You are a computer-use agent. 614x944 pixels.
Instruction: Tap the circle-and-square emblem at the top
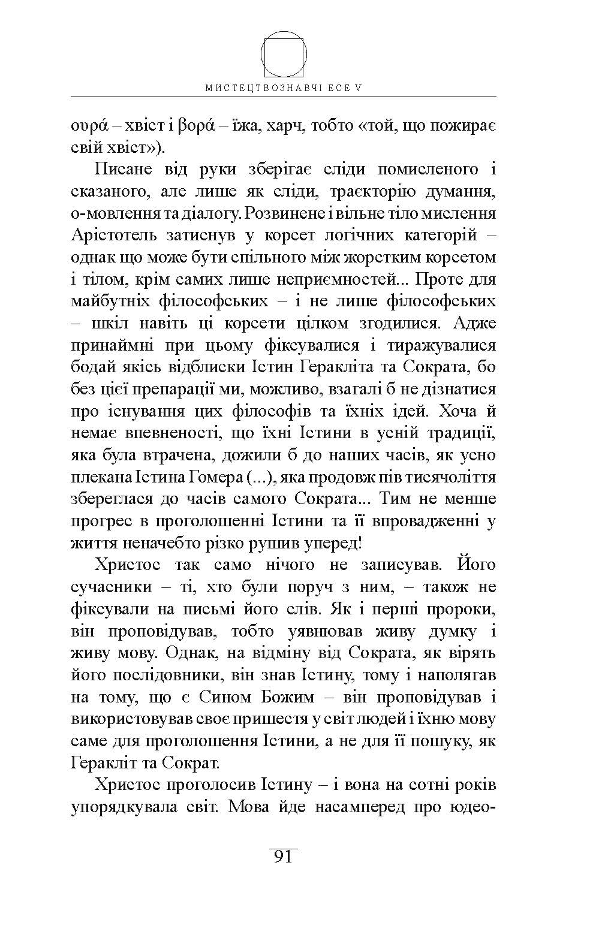coord(284,55)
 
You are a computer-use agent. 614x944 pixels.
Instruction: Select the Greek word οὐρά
coord(89,126)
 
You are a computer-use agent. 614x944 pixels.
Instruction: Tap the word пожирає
coord(455,126)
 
